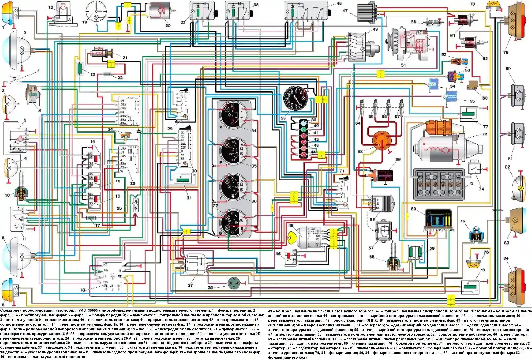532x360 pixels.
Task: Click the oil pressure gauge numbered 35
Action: pos(232,151)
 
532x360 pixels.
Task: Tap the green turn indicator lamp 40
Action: pos(303,130)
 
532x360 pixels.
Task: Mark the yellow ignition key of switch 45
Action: pos(293,237)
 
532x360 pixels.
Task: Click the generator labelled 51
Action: pos(410,45)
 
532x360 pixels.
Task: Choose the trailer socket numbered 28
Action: pos(235,283)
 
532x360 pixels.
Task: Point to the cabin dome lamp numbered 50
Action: pos(430,23)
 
